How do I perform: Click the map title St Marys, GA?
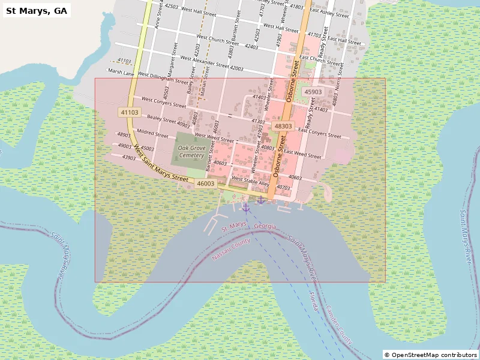coord(37,10)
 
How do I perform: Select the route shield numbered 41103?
coord(129,112)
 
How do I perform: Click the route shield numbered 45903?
coord(313,92)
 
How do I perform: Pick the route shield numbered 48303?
coord(283,126)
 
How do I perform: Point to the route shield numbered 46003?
coord(206,184)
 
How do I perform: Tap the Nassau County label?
coord(230,249)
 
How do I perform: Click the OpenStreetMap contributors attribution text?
coord(430,355)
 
